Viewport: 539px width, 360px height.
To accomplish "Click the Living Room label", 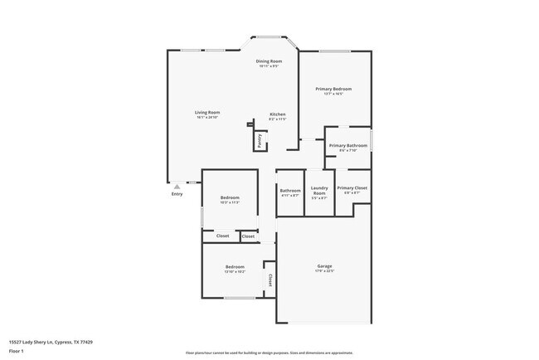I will coord(207,112).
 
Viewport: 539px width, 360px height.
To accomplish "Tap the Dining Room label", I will coord(269,61).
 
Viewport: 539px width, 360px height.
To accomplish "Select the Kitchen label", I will coord(278,114).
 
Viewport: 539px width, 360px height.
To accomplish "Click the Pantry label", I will coord(259,139).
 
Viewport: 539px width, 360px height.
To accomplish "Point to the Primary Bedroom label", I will coord(333,89).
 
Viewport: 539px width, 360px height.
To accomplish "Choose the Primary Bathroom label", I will coord(347,146).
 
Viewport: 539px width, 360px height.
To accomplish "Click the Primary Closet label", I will coord(352,188).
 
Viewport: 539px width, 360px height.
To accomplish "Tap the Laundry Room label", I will coord(319,191).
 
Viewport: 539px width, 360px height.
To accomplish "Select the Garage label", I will coord(324,266).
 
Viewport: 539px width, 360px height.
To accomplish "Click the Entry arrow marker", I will coord(176,187).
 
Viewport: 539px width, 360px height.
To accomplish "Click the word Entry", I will coord(177,194).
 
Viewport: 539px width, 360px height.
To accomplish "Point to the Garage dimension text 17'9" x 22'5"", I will coord(324,271).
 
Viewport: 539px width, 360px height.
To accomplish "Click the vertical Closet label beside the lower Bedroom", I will coord(269,280).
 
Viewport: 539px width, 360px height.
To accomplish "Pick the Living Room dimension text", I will coord(207,117).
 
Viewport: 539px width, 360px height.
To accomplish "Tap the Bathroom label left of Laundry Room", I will coord(290,191).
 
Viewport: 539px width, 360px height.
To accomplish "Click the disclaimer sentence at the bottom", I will coord(269,353).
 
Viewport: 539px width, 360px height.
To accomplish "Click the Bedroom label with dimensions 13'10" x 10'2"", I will coord(234,266).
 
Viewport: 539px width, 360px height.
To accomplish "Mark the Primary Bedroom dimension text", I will coord(333,94).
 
